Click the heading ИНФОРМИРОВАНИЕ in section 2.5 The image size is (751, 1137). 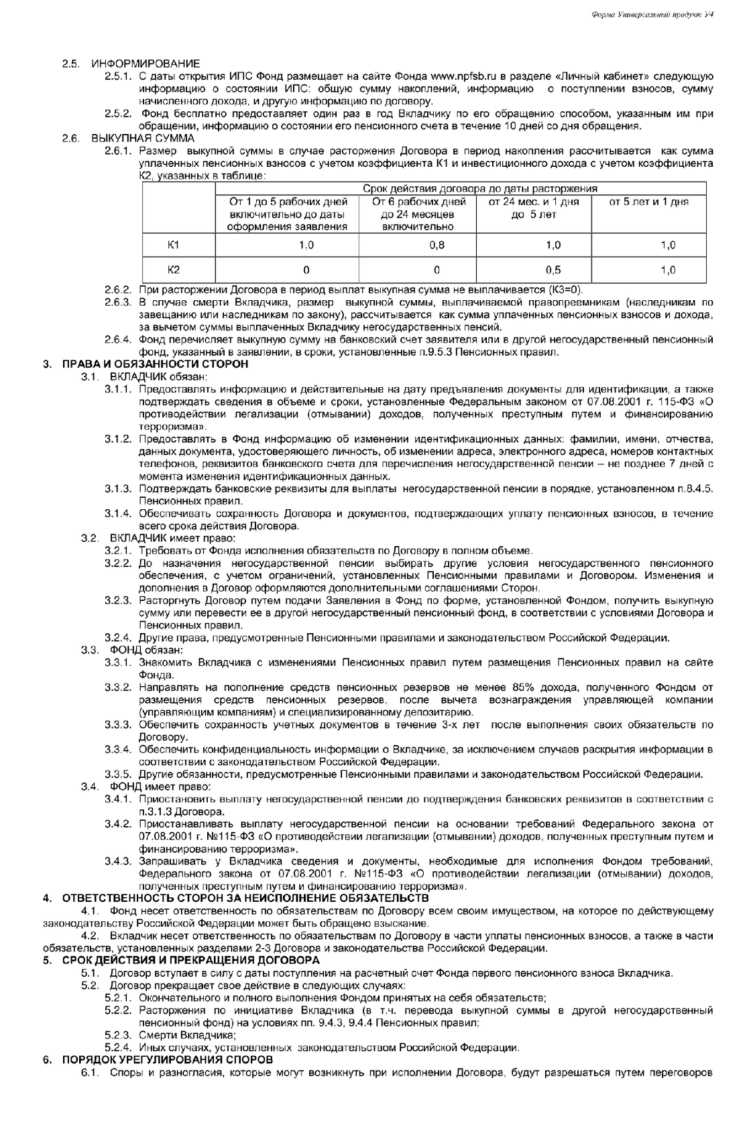pyautogui.click(x=146, y=64)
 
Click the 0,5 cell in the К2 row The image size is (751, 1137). pyautogui.click(x=553, y=270)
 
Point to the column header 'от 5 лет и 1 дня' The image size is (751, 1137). pyautogui.click(x=648, y=202)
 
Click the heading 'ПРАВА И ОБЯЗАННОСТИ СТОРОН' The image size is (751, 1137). pyautogui.click(x=155, y=364)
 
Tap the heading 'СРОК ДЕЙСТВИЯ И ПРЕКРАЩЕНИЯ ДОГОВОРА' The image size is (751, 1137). pyautogui.click(x=190, y=960)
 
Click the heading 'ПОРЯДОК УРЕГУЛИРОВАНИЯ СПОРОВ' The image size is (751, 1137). pyautogui.click(x=167, y=1059)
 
